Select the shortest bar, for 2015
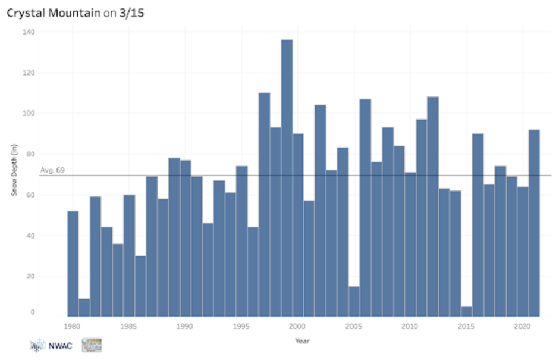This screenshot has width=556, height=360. pos(466,311)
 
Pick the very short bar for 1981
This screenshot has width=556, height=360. pos(84,307)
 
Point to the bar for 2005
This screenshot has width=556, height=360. pos(354,301)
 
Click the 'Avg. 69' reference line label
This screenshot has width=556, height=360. pos(52,171)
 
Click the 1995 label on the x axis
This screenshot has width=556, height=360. pos(241,327)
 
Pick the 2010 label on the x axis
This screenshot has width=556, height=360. pos(409,327)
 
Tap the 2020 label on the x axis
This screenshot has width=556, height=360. pos(522,327)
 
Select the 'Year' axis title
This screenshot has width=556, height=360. pos(303,341)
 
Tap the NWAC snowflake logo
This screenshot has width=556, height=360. pos(37,345)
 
